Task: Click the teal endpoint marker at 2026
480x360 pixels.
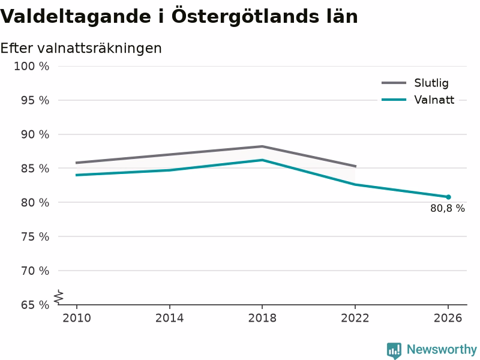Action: coord(448,197)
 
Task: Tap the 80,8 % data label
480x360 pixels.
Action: coord(447,208)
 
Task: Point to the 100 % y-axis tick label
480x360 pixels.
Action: coord(32,66)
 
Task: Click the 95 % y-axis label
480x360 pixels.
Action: coord(35,100)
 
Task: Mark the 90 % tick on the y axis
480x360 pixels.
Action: coord(35,134)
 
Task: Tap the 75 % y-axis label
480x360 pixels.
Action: coord(35,237)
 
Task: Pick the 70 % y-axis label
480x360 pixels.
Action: coord(35,271)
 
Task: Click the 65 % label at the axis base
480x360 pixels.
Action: coord(35,305)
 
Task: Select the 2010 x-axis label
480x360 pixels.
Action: coord(77,318)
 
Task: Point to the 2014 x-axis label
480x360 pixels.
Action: coord(169,318)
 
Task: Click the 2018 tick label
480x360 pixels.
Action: coord(262,318)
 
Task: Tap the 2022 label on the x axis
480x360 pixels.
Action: coord(355,318)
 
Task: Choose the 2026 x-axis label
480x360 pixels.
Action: coord(448,318)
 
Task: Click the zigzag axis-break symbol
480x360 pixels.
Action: coord(58,297)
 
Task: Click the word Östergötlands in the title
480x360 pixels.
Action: coord(245,17)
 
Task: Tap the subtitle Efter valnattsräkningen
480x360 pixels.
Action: coord(81,49)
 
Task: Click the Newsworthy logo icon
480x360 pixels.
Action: coord(394,350)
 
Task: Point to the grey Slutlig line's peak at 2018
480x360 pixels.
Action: coord(262,146)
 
